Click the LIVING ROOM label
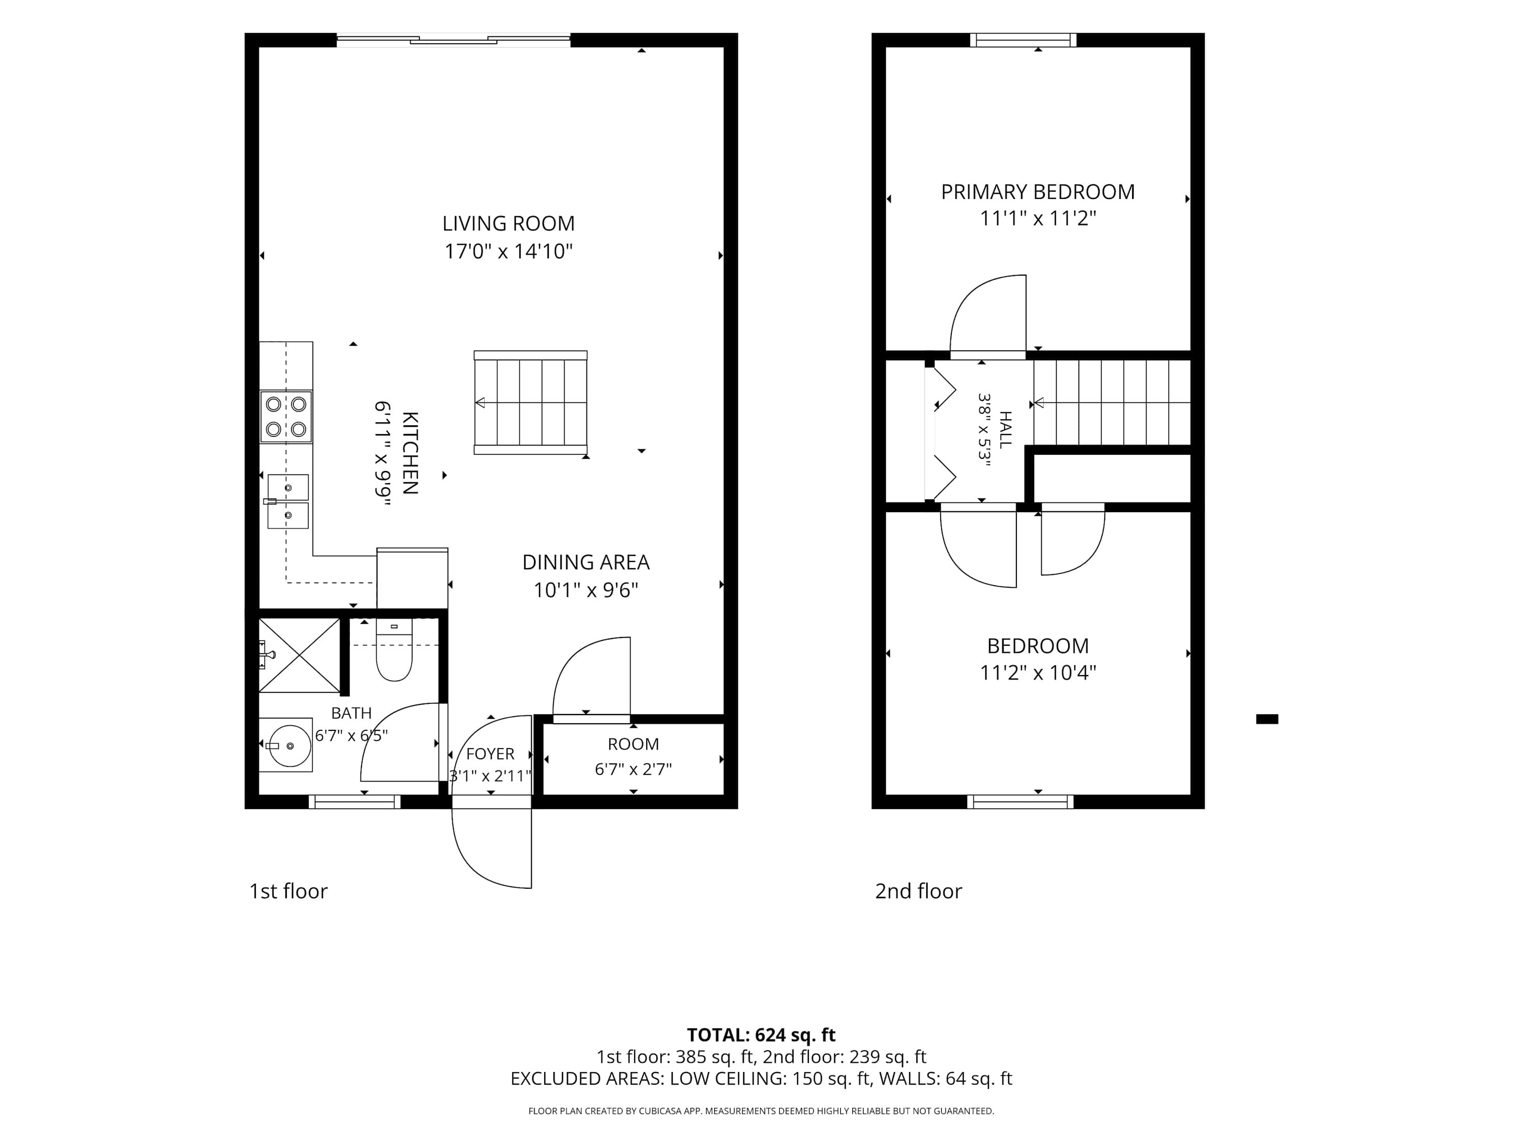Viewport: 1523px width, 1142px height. coord(508,224)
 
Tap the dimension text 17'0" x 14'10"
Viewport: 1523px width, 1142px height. coord(508,251)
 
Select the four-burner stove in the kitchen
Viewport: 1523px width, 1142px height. coord(286,417)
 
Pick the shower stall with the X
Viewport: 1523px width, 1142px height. coord(300,655)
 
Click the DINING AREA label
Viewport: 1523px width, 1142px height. coord(586,562)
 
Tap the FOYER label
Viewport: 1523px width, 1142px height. coord(490,754)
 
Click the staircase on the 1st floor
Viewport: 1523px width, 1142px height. coord(530,402)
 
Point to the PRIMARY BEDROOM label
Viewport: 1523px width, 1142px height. coord(1038,192)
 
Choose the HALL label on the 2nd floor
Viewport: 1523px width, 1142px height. coord(1005,429)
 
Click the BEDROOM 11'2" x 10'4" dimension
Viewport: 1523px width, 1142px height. coord(1038,673)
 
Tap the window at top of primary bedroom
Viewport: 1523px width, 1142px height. coord(1023,40)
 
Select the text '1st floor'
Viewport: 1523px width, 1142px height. coord(288,891)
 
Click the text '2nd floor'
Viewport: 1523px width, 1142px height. coord(918,891)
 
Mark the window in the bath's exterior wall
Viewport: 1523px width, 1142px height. coord(354,801)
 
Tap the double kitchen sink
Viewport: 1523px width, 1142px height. coord(287,501)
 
